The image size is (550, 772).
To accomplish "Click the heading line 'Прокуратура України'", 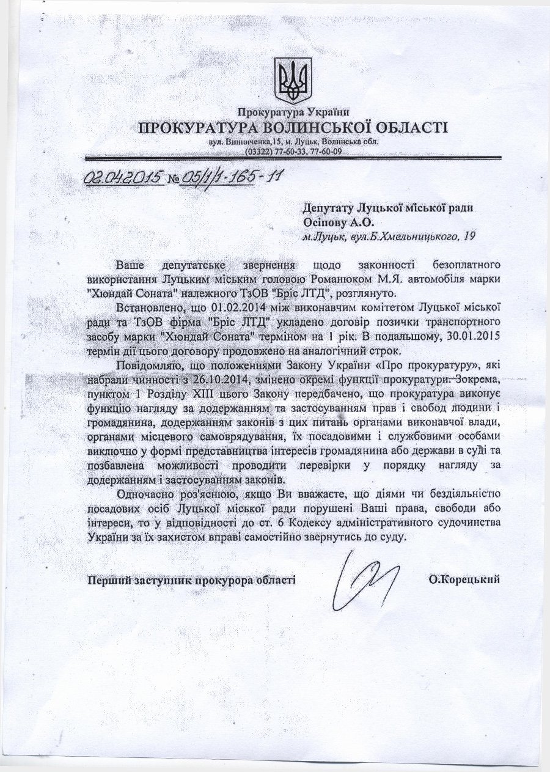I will [292, 112].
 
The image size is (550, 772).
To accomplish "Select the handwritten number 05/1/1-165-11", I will [233, 177].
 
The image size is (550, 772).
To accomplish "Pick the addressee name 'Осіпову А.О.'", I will [337, 222].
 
